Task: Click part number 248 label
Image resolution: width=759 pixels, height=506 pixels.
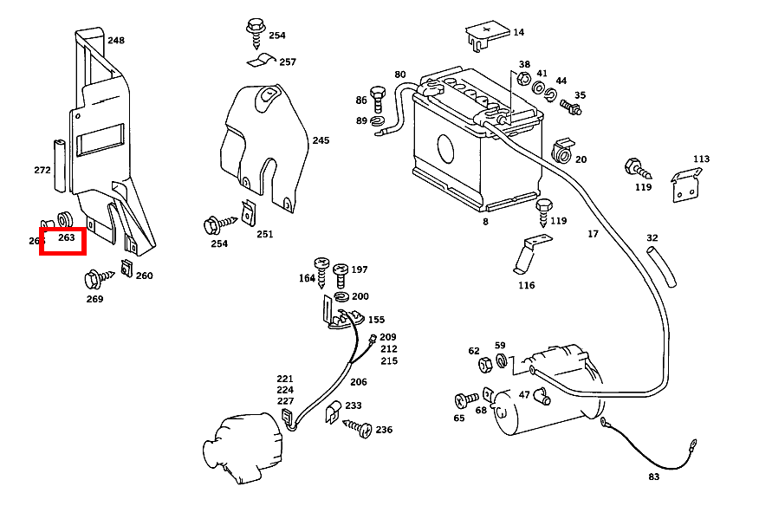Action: pos(116,41)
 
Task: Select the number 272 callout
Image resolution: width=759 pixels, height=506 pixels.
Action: pos(42,170)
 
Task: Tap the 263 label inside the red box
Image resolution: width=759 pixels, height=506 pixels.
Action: pos(67,237)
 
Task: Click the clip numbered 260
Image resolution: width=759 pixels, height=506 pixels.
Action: pos(127,269)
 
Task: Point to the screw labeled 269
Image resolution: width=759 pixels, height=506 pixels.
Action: pos(94,279)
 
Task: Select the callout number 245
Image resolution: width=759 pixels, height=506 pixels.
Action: pos(321,140)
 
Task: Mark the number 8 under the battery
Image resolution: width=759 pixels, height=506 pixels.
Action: pos(485,222)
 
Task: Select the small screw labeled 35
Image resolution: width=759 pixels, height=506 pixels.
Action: pos(570,107)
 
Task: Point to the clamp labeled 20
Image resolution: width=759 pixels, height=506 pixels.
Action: pos(561,152)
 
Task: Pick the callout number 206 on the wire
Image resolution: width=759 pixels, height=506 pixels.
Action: pos(359,382)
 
